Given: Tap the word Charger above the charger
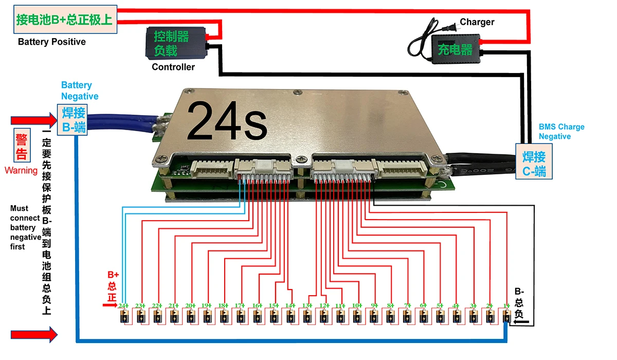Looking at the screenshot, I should (x=477, y=22).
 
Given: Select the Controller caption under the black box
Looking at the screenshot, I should (x=173, y=67).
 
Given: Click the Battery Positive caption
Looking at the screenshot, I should (x=51, y=42).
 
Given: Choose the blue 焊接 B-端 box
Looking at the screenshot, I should (x=72, y=120).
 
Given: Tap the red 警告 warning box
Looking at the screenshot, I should (x=21, y=147).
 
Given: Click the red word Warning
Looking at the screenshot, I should (x=21, y=170).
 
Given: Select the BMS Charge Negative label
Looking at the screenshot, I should (x=561, y=132).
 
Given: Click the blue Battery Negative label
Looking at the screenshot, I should (x=79, y=91).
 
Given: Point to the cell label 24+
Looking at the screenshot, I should (x=123, y=305).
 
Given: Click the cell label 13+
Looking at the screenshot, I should (x=307, y=305).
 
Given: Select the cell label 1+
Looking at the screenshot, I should (x=506, y=305).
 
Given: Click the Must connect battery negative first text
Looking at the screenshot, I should (x=25, y=228).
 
